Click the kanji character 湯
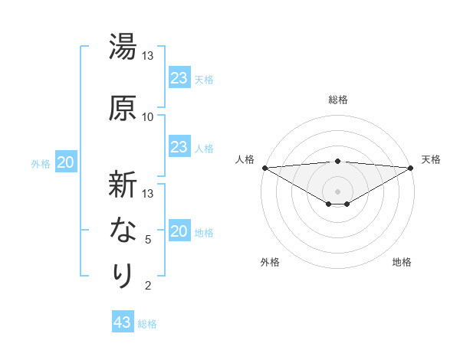click(123, 47)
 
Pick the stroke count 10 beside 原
click(148, 116)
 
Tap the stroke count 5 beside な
click(148, 240)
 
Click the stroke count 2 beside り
click(148, 286)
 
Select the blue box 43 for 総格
click(123, 322)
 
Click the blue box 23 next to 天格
click(179, 78)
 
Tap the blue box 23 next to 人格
click(179, 147)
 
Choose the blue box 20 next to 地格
click(179, 231)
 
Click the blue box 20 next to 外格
click(66, 162)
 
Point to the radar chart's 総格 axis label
click(338, 100)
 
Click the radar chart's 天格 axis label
click(432, 159)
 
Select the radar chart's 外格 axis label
click(270, 262)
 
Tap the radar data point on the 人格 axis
click(264, 167)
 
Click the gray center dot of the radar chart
click(338, 191)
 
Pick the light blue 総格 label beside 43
click(148, 324)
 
